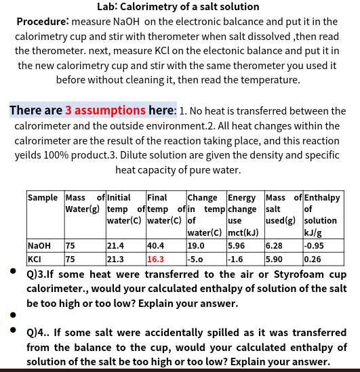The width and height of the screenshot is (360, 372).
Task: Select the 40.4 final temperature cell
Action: (x=155, y=246)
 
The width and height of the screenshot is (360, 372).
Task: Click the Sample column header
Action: (x=42, y=198)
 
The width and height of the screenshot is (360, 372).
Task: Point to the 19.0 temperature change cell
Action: (x=196, y=246)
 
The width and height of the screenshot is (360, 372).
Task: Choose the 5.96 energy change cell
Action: (x=237, y=246)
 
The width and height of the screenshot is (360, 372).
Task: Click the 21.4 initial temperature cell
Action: (x=116, y=246)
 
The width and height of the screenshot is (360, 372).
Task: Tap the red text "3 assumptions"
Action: (x=105, y=110)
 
